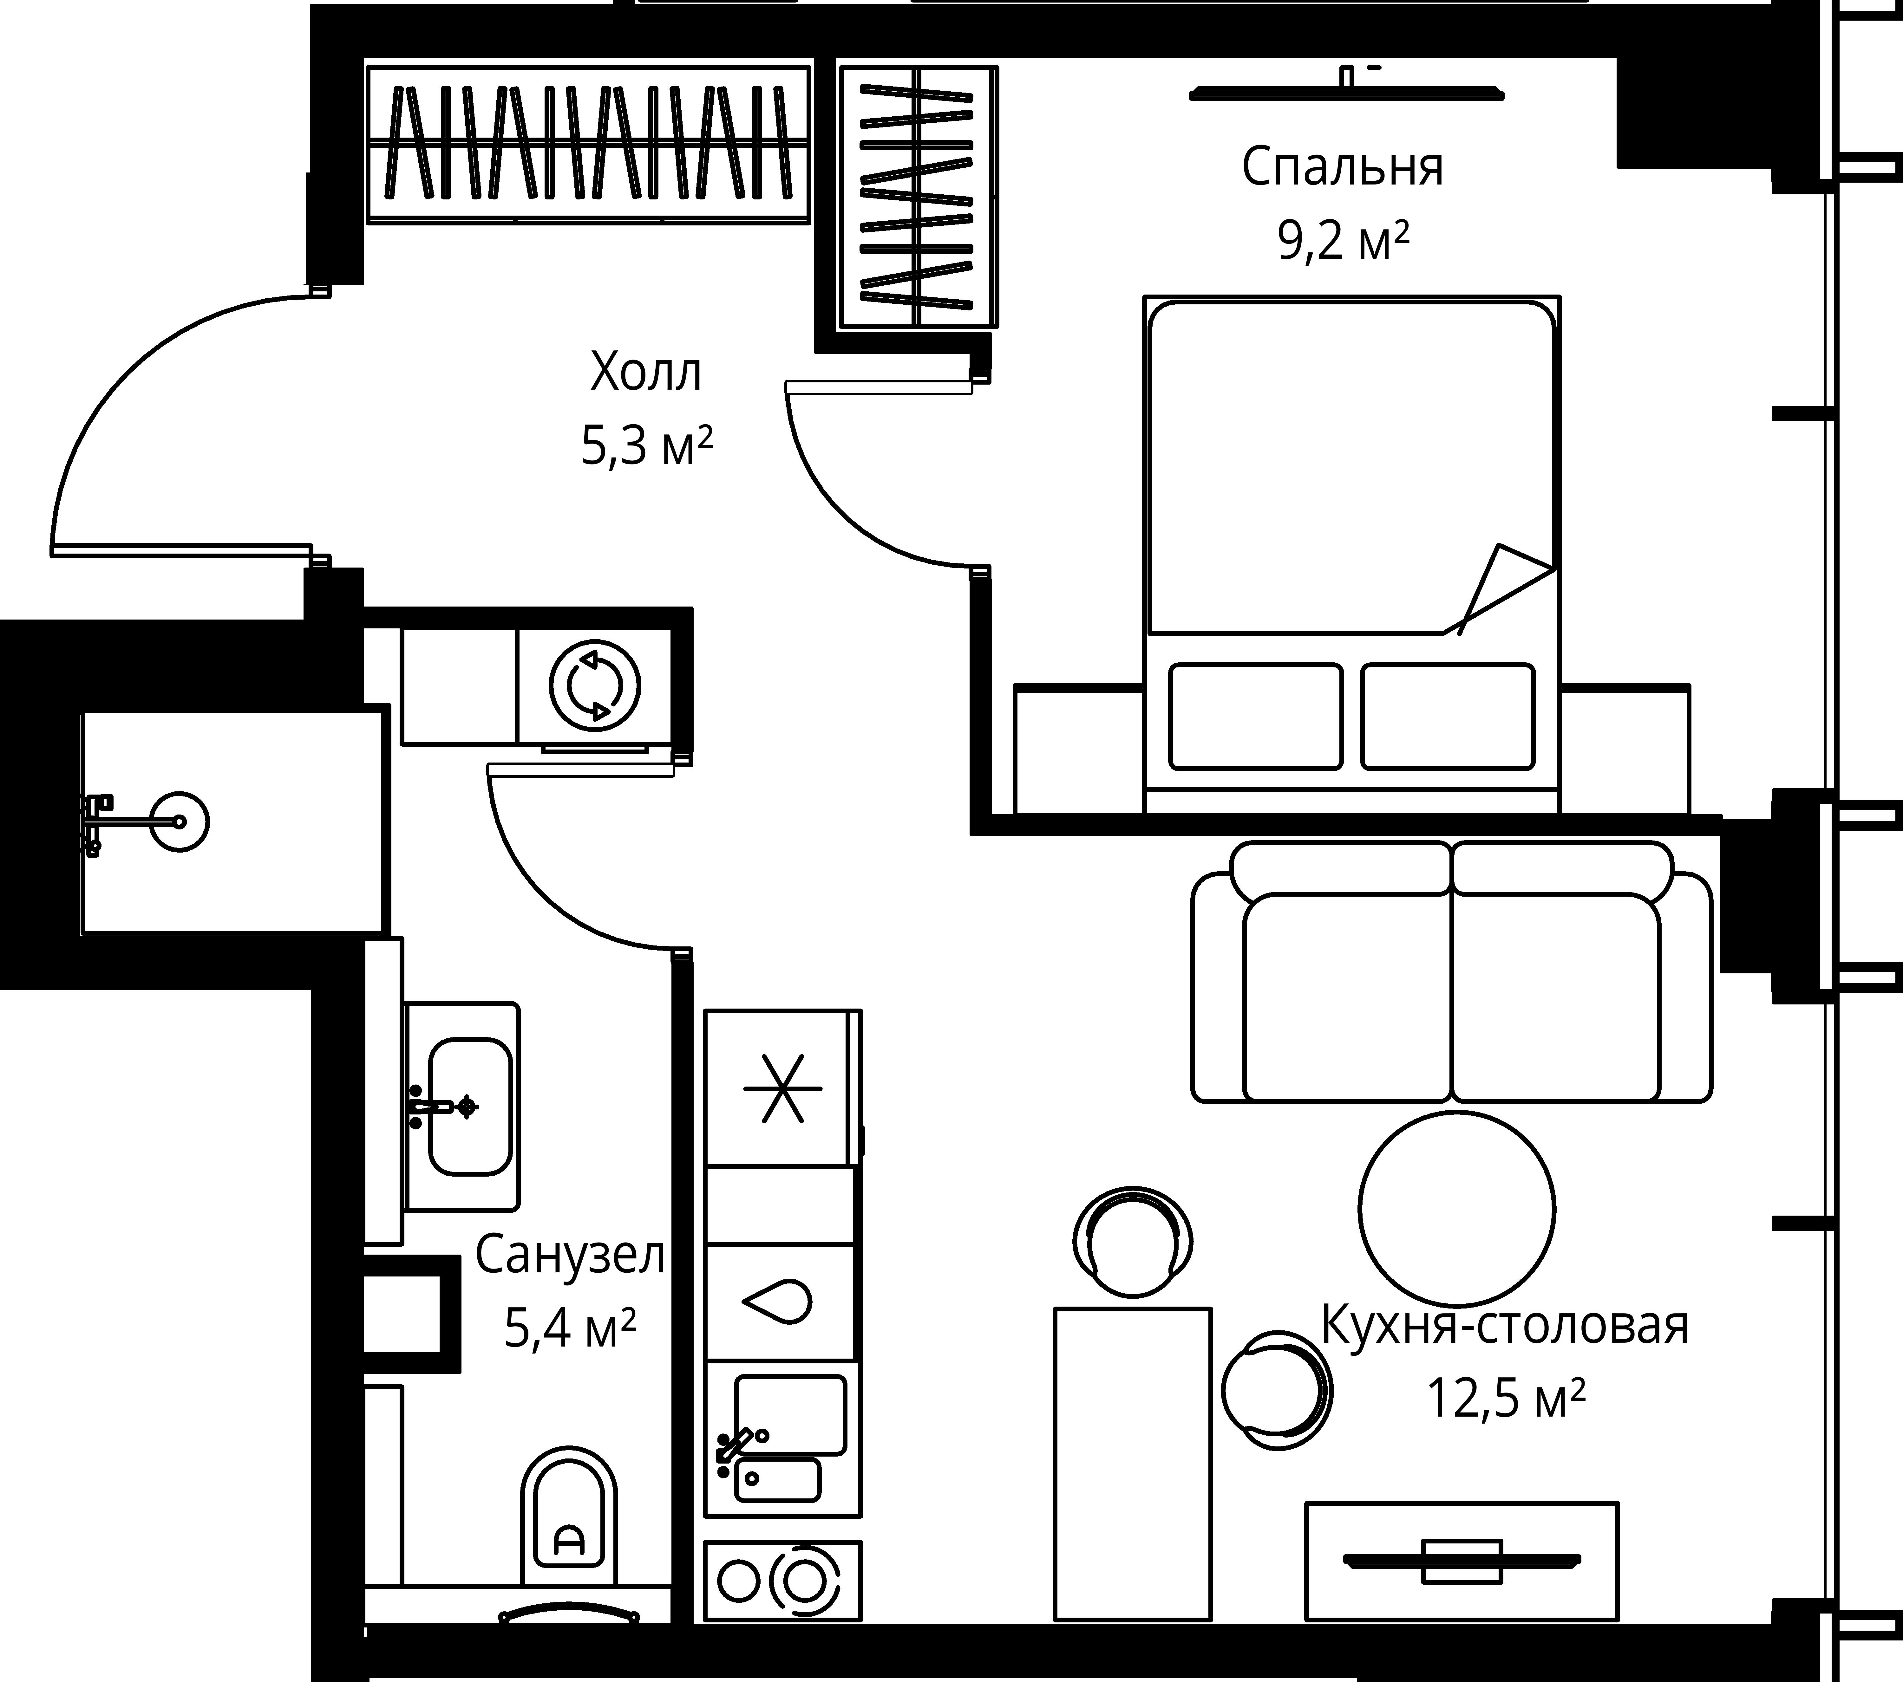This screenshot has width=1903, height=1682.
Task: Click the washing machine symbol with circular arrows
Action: click(595, 686)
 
